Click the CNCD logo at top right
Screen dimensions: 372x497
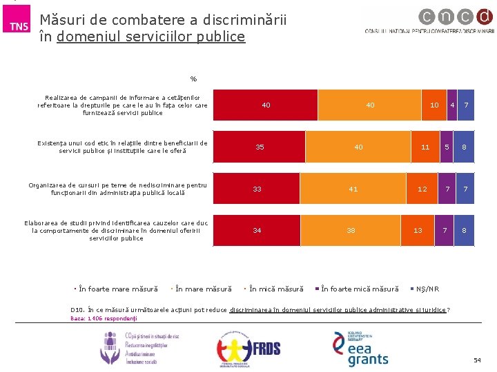tap(429, 22)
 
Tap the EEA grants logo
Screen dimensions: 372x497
tap(361, 349)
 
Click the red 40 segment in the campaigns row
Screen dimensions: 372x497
tap(266, 105)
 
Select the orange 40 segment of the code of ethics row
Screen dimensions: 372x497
tap(358, 147)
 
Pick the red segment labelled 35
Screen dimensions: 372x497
tap(259, 147)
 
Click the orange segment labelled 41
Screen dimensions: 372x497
tap(353, 189)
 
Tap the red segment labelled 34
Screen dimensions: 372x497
tap(257, 231)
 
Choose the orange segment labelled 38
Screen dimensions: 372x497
tap(351, 231)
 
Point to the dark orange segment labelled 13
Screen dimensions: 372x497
tap(418, 231)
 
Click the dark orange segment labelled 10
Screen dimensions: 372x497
tap(434, 105)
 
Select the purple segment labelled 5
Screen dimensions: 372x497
tap(447, 147)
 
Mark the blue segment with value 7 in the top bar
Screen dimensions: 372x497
tap(466, 105)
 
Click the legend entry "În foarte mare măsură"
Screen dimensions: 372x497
tap(117, 289)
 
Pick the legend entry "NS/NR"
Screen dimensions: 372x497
tap(427, 289)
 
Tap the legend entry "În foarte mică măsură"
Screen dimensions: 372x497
tap(359, 289)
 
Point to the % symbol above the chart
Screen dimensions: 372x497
tap(194, 79)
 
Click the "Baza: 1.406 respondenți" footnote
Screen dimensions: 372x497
tap(104, 319)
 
